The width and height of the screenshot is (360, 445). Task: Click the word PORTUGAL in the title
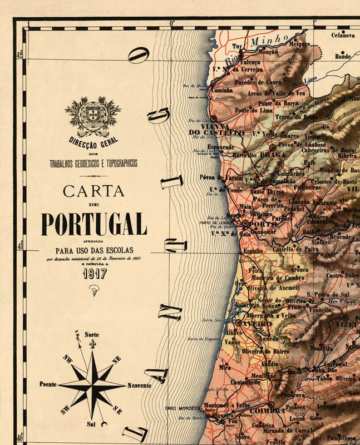(93, 224)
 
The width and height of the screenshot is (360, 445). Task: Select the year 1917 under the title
(94, 274)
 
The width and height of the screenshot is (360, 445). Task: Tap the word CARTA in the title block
(93, 191)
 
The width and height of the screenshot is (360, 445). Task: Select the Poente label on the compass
(49, 384)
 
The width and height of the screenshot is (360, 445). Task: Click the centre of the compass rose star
(92, 384)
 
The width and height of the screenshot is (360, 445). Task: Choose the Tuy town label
(238, 47)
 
